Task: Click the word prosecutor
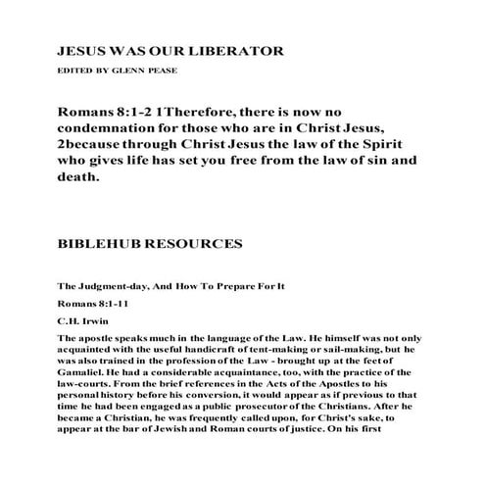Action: tap(285, 413)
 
